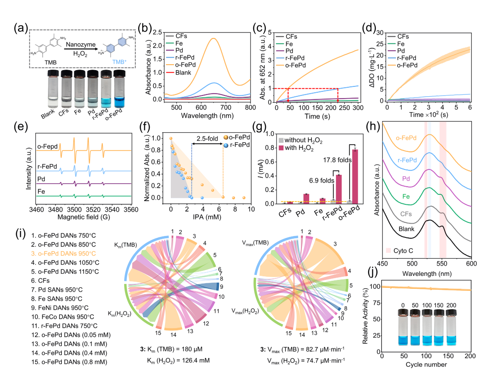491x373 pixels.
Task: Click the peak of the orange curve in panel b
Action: [214, 39]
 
